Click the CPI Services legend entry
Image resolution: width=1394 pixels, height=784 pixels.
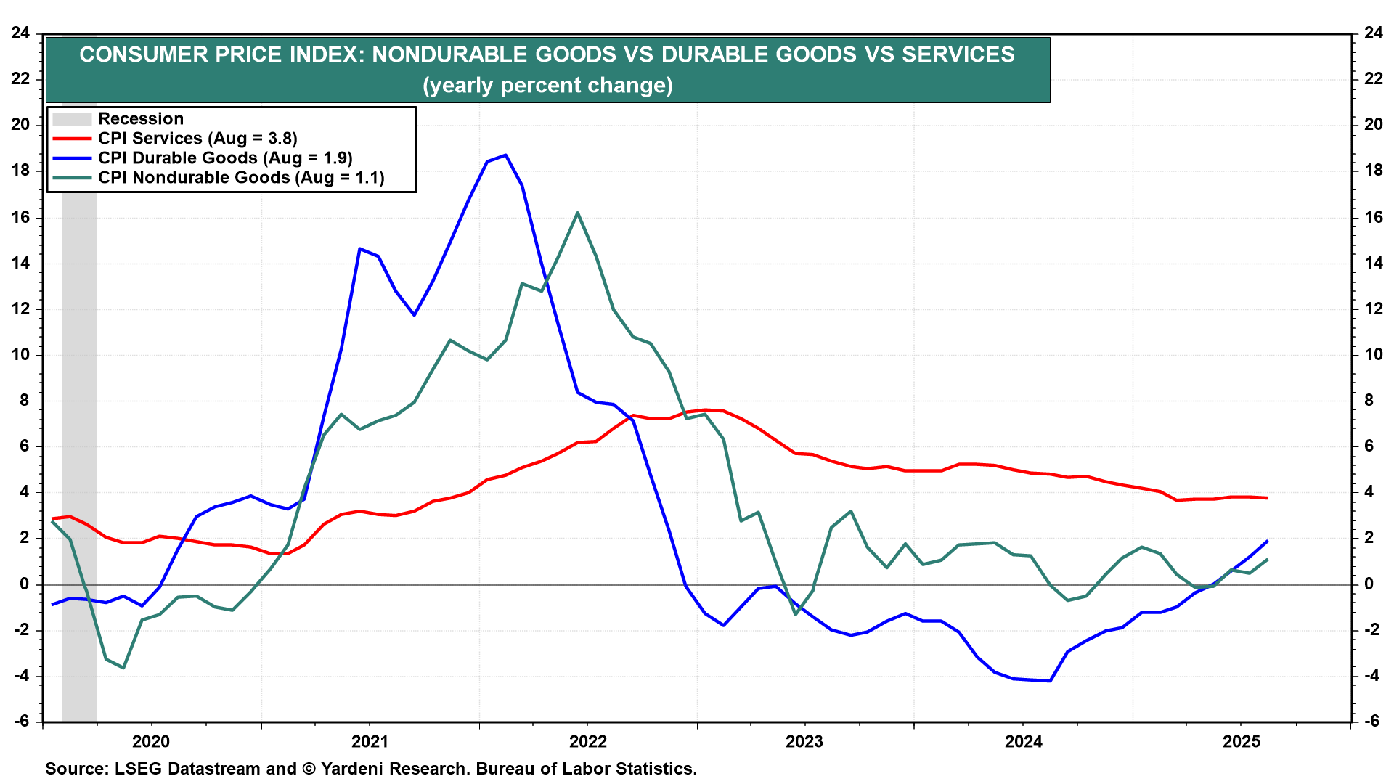pos(197,139)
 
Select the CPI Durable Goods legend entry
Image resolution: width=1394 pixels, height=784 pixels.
pos(225,158)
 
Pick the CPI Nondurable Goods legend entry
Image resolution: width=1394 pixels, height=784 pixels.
pos(241,178)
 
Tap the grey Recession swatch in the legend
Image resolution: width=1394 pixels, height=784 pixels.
pos(72,119)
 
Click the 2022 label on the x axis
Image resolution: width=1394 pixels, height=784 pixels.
pos(587,741)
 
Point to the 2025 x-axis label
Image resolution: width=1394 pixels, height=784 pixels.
pos(1241,741)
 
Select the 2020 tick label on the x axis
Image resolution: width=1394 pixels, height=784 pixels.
pos(151,741)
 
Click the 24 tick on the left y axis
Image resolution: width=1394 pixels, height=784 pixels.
pos(20,33)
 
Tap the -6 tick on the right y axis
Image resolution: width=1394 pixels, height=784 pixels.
pos(1371,721)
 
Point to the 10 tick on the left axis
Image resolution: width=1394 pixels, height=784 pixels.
pos(20,354)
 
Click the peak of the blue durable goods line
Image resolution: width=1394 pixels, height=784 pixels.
pos(505,155)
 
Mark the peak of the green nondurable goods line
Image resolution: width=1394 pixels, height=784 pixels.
pos(577,213)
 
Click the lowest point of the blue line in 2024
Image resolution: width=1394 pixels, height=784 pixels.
pos(1050,681)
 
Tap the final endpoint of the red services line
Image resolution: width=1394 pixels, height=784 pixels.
pos(1267,498)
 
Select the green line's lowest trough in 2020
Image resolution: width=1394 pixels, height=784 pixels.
pos(123,668)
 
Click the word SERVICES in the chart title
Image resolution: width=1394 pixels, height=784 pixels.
pos(958,54)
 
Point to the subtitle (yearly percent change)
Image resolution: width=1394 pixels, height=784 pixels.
pos(548,86)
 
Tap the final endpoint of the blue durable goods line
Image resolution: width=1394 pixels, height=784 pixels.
pos(1267,541)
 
